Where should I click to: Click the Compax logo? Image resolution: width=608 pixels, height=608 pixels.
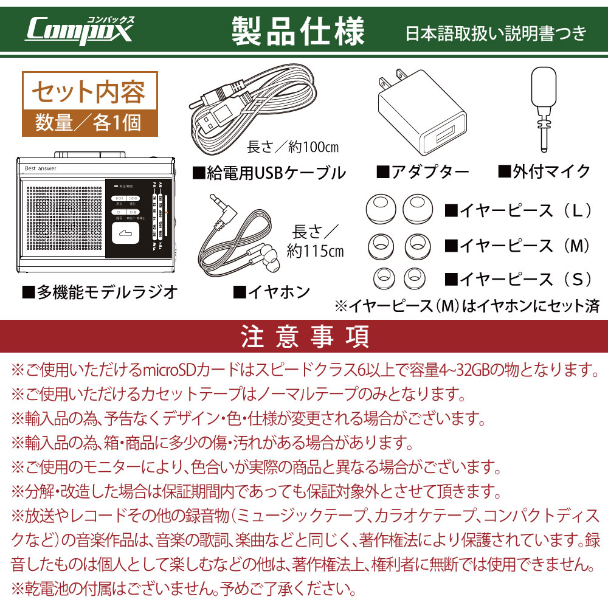click(79, 29)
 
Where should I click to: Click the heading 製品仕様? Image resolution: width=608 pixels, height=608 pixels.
click(298, 30)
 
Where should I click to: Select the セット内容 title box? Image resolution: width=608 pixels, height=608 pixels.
click(89, 92)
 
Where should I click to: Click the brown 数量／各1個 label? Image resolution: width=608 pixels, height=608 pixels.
click(89, 122)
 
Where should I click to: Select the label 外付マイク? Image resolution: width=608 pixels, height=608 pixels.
click(544, 171)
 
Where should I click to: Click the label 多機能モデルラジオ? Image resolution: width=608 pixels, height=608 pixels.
click(100, 292)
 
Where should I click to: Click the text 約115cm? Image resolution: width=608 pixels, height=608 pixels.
click(315, 250)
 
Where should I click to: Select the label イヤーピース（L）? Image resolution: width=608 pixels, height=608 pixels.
click(519, 211)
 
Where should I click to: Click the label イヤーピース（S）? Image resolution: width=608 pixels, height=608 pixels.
click(519, 279)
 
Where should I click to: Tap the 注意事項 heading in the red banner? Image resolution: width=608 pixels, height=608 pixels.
click(304, 336)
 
